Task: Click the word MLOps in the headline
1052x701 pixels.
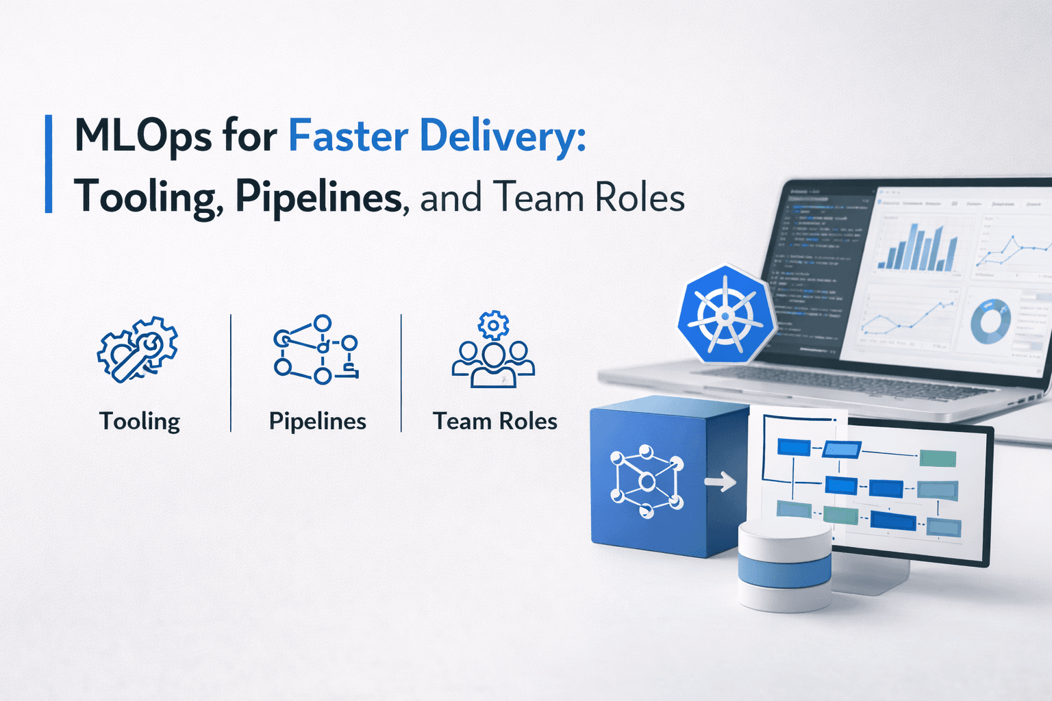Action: [142, 137]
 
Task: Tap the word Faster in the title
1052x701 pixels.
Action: [348, 136]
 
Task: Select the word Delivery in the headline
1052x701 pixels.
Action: [503, 137]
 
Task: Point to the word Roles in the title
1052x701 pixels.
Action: [640, 198]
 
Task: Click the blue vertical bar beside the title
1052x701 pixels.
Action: [49, 164]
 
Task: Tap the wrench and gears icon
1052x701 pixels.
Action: [138, 349]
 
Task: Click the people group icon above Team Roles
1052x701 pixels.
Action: [493, 350]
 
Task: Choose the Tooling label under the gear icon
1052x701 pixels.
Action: [140, 421]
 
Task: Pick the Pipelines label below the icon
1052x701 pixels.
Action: [317, 421]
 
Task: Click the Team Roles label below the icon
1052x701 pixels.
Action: [494, 421]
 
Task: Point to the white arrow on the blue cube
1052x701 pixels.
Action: [720, 482]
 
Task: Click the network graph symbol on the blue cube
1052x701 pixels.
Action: [647, 481]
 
